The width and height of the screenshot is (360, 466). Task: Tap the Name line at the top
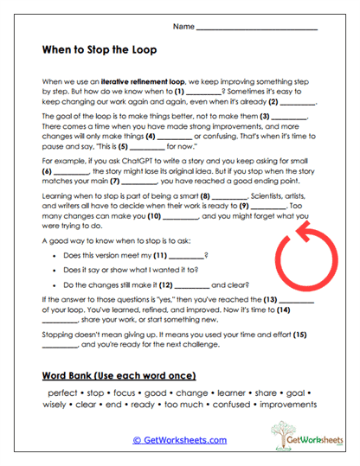256,28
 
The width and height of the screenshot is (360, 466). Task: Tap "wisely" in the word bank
57,405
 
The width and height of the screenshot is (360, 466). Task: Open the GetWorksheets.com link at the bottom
179,439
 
